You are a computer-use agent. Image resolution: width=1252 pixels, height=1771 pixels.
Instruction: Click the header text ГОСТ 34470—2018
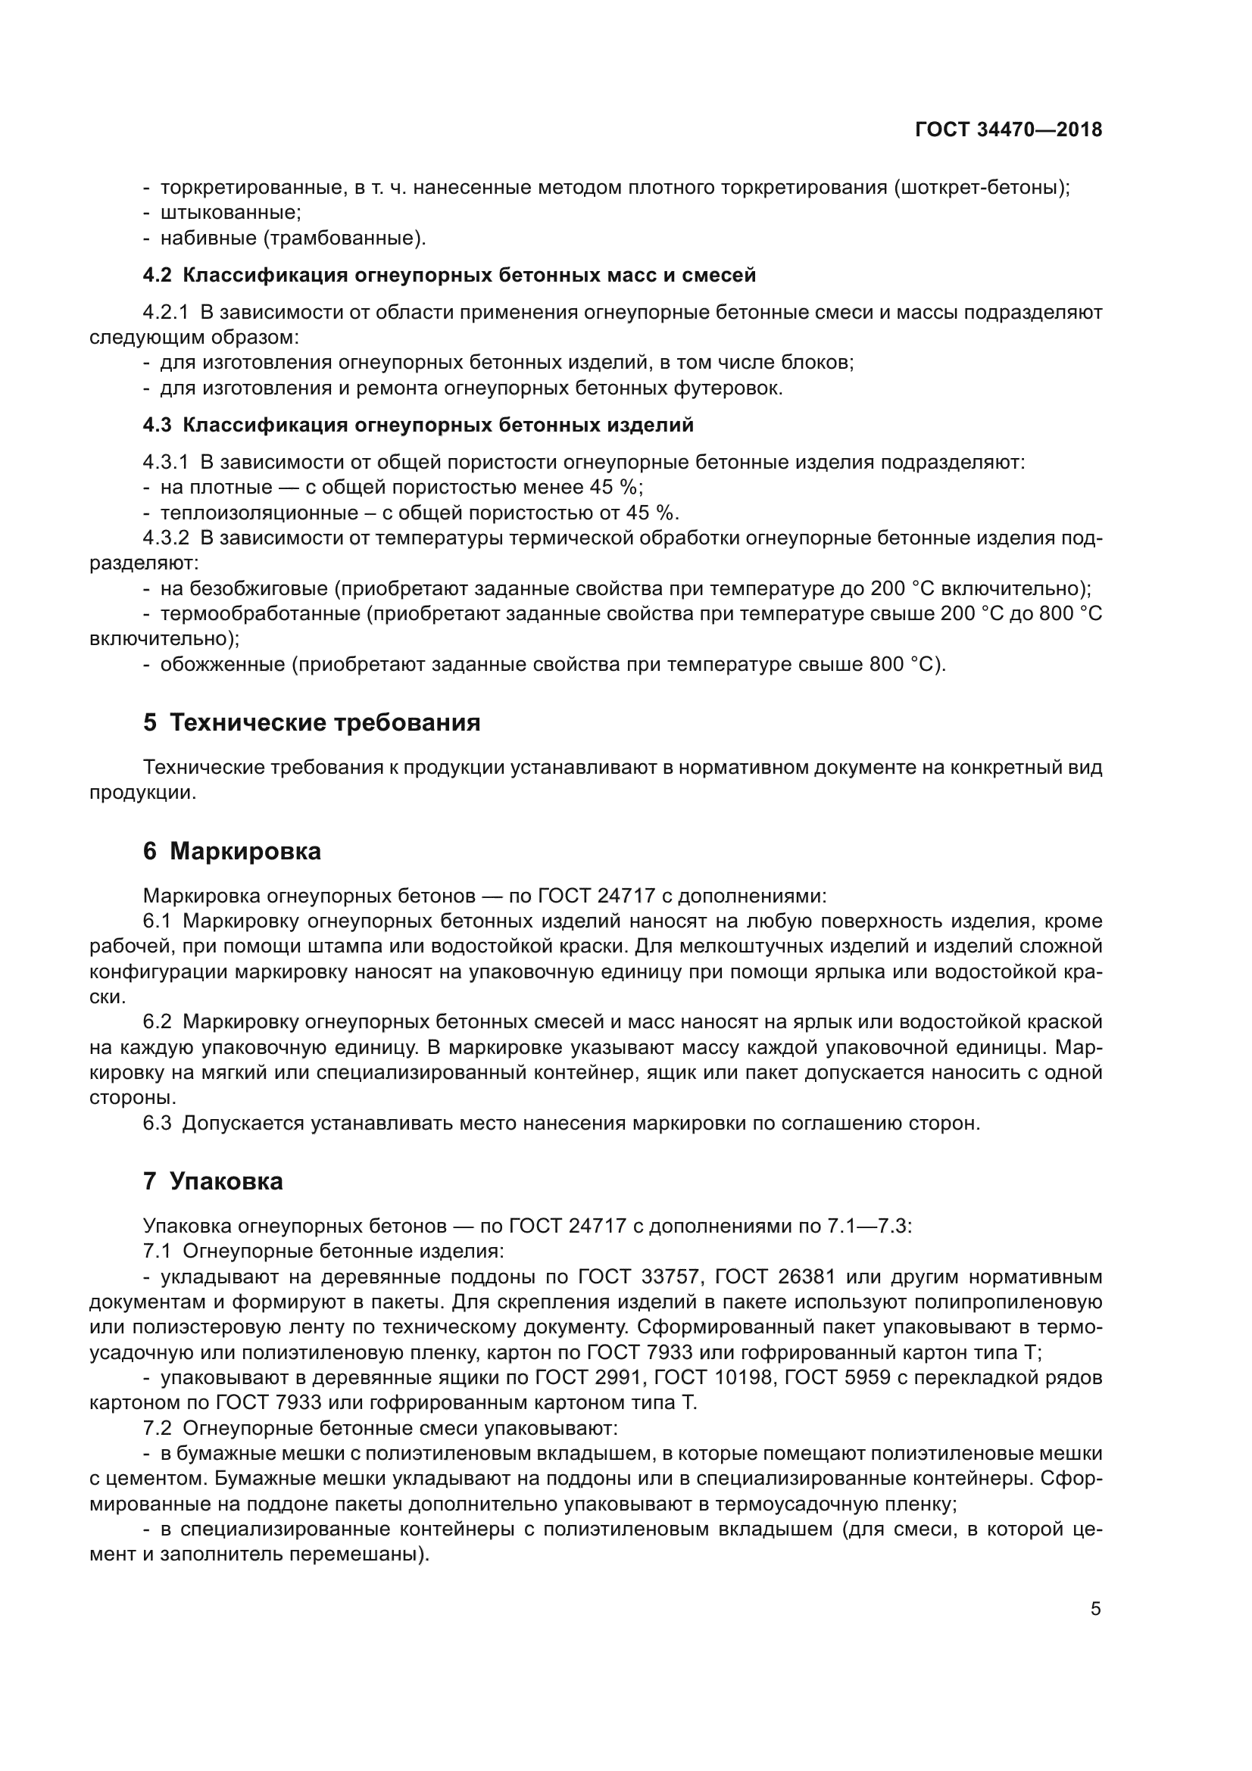click(x=1008, y=129)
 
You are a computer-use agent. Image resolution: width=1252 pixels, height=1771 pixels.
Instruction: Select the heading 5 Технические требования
click(x=311, y=723)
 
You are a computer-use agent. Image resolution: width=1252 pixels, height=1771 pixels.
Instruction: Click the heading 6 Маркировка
click(x=233, y=852)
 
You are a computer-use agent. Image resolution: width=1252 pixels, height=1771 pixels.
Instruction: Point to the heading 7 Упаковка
click(x=213, y=1181)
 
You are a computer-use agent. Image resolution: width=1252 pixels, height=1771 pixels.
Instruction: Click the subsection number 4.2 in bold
click(x=158, y=275)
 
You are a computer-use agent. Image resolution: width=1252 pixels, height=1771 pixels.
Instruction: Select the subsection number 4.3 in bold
click(x=158, y=425)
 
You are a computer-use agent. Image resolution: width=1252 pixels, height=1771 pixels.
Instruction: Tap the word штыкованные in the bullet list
click(x=230, y=213)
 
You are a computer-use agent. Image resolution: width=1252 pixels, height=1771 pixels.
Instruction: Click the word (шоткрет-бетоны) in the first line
click(x=982, y=188)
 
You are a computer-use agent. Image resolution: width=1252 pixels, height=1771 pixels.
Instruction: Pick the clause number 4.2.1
click(x=165, y=313)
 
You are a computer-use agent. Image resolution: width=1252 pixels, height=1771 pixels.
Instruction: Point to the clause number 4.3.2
click(x=165, y=538)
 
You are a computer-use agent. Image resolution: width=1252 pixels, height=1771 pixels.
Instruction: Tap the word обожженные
click(x=223, y=664)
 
